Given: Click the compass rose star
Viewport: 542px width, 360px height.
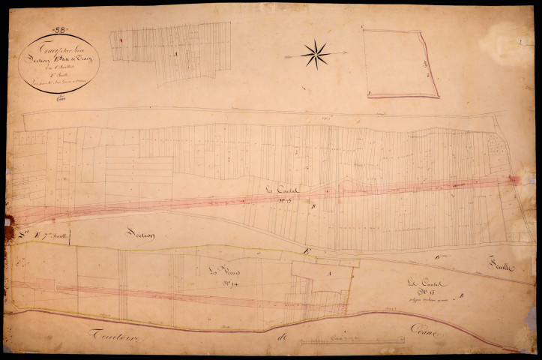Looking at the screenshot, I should point(316,53).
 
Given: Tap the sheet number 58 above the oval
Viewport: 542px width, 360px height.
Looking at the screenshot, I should point(60,30).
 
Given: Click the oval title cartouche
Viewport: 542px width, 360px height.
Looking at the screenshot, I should point(58,64).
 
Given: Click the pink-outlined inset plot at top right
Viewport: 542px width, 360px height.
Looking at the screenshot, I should point(401,64).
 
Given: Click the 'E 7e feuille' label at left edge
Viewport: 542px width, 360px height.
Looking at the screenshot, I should point(45,238).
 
